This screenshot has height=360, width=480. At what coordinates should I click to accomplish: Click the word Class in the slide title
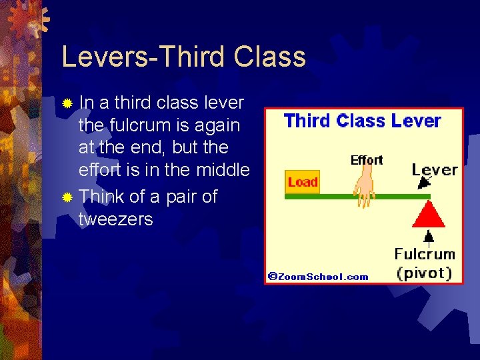click(x=270, y=57)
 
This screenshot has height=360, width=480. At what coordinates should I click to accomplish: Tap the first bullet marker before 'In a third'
click(x=66, y=104)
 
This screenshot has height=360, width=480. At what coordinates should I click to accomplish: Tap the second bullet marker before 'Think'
click(x=66, y=197)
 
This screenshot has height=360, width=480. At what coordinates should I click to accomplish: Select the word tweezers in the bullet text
click(x=115, y=219)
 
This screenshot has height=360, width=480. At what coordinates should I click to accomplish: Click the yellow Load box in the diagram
click(x=303, y=182)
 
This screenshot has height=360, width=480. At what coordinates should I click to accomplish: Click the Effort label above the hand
click(x=367, y=160)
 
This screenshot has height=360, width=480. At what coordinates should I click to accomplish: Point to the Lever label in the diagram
click(x=435, y=169)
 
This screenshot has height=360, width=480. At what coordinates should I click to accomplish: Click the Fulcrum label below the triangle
click(x=425, y=254)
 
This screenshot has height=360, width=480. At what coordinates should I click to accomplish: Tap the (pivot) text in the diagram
click(x=425, y=273)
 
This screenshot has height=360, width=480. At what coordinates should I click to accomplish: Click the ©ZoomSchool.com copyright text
click(x=318, y=276)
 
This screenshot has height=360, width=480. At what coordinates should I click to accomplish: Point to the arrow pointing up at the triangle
click(x=429, y=236)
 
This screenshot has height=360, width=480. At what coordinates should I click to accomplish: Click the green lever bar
click(x=333, y=197)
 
